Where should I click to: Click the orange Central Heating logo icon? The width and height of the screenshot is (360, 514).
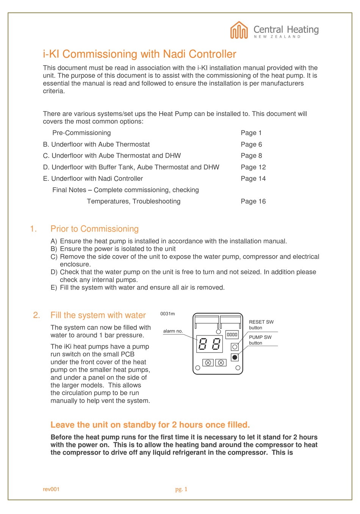tap(239, 30)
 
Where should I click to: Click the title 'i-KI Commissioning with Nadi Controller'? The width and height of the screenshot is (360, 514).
tap(139, 54)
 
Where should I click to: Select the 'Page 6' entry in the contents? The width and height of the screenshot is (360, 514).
tap(251, 144)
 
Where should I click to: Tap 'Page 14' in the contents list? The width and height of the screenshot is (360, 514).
tap(253, 179)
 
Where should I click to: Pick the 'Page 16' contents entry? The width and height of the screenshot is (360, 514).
tap(253, 201)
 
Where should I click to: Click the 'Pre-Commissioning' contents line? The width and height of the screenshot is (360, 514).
tap(81, 133)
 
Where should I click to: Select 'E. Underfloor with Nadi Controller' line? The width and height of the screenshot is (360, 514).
tap(93, 179)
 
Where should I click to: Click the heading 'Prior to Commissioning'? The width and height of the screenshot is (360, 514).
tap(94, 229)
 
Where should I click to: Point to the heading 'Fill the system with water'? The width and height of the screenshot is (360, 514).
tap(98, 315)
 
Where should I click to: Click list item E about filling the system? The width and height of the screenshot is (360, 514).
tap(142, 288)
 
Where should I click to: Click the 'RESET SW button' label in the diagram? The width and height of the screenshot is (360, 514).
tap(261, 325)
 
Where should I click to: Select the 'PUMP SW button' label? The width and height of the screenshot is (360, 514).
tap(260, 340)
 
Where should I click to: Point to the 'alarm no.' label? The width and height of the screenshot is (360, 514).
tap(173, 331)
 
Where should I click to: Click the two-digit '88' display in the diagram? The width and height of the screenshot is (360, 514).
tap(210, 345)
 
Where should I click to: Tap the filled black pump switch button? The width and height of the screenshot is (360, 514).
tap(235, 357)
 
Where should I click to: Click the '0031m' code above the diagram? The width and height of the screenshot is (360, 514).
tap(167, 314)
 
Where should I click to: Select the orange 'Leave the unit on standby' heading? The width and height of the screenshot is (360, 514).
tap(150, 425)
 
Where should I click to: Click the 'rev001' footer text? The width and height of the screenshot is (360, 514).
tap(51, 489)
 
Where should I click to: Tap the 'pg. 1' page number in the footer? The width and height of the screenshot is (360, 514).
tap(181, 489)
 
